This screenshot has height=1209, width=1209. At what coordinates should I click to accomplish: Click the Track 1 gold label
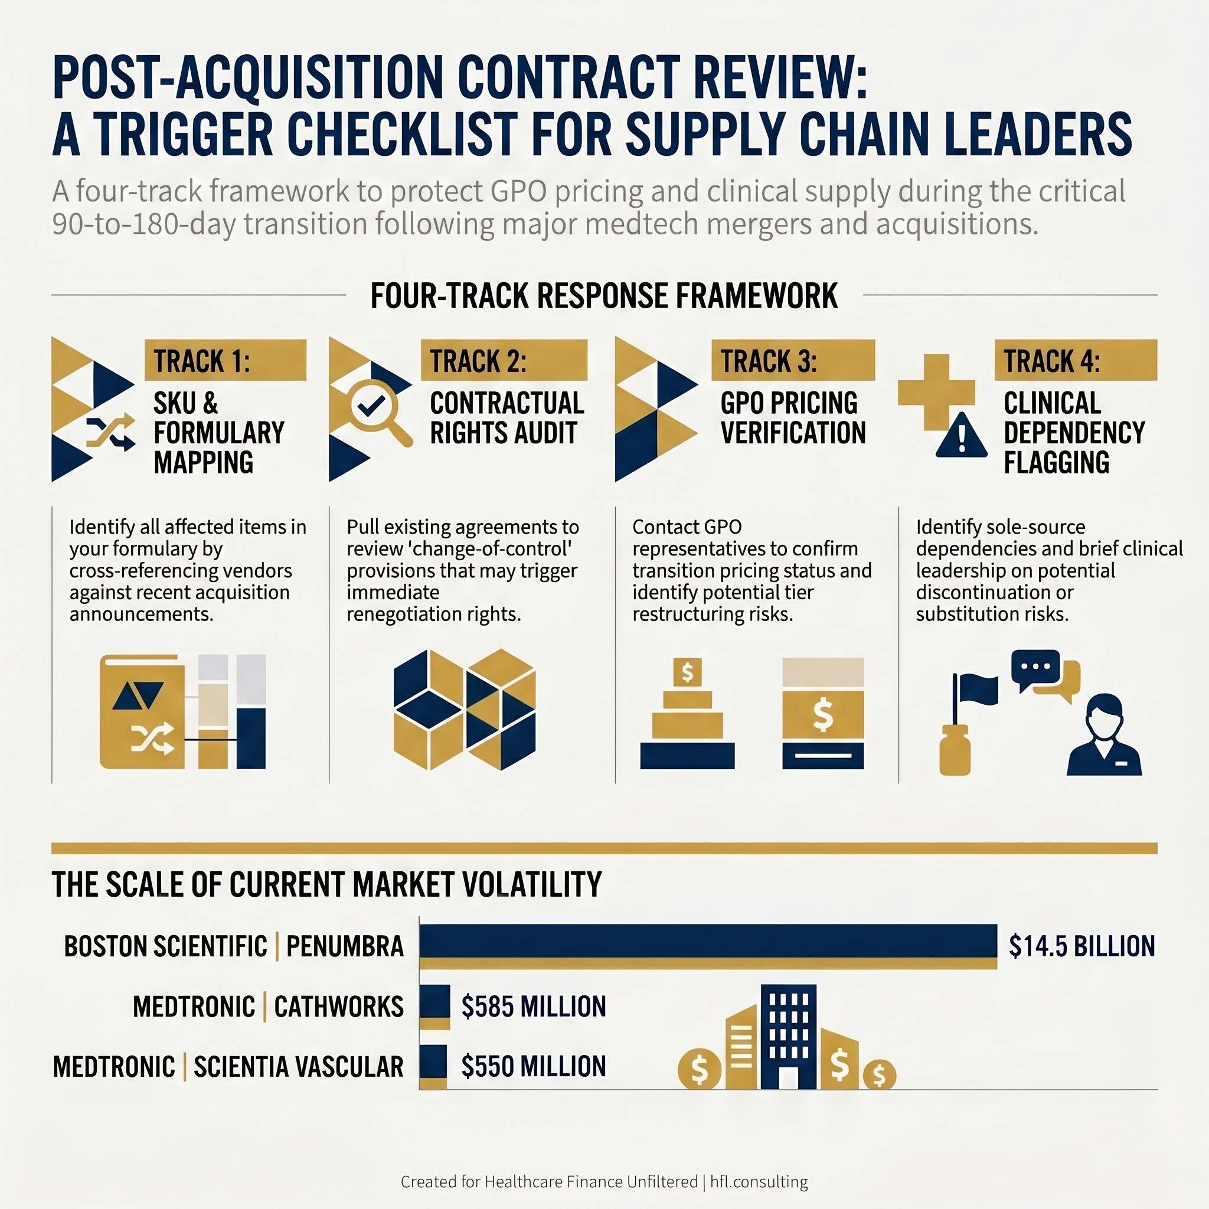(x=226, y=361)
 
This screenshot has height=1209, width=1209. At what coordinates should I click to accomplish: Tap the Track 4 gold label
(x=1075, y=361)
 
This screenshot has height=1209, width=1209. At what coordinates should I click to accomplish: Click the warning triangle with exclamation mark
(x=962, y=436)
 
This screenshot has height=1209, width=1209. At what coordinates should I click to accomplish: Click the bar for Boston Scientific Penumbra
(x=708, y=946)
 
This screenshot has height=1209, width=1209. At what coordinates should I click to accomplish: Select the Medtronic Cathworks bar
(x=434, y=1007)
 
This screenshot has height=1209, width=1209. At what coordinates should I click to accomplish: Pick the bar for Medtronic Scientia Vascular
(x=433, y=1066)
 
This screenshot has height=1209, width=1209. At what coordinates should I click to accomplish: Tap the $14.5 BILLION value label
(x=1081, y=946)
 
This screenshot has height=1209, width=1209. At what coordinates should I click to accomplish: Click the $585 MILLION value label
(x=533, y=1007)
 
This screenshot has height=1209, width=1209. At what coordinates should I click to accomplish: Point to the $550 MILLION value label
(x=533, y=1066)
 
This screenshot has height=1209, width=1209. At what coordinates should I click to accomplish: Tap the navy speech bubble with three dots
(x=1035, y=668)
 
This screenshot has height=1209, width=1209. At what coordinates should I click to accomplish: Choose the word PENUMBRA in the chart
(x=345, y=946)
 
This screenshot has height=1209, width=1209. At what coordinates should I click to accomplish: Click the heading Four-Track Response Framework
(x=604, y=296)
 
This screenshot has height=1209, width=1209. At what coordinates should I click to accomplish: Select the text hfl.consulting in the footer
(x=759, y=1181)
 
